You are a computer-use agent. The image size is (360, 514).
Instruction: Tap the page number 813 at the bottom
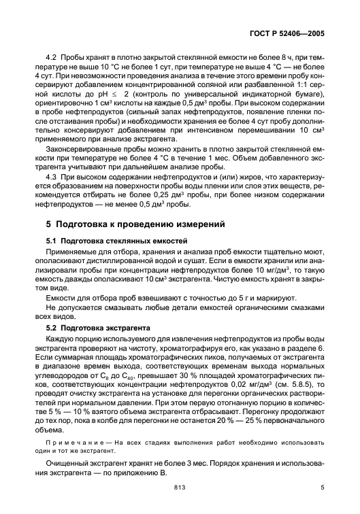[180, 487]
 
